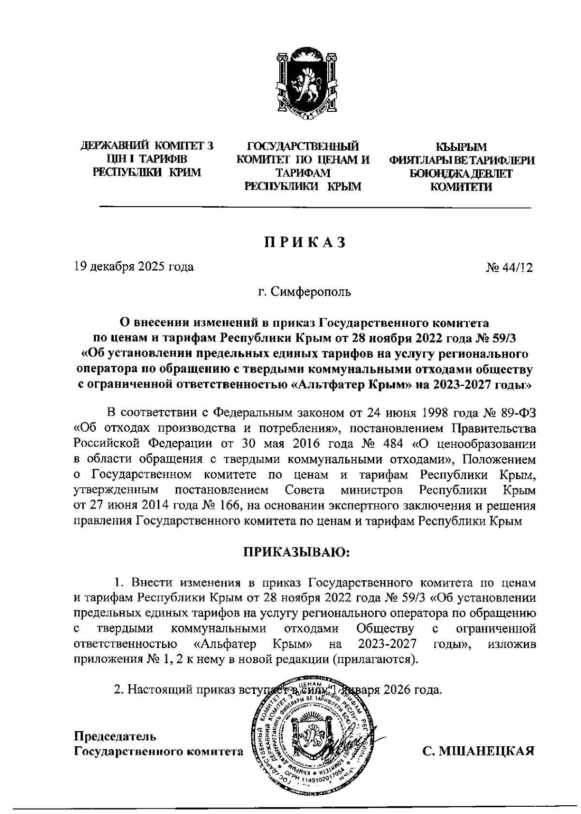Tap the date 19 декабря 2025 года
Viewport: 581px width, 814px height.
(x=134, y=267)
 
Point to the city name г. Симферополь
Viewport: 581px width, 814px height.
(x=305, y=292)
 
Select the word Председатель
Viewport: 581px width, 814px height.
(x=115, y=737)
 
